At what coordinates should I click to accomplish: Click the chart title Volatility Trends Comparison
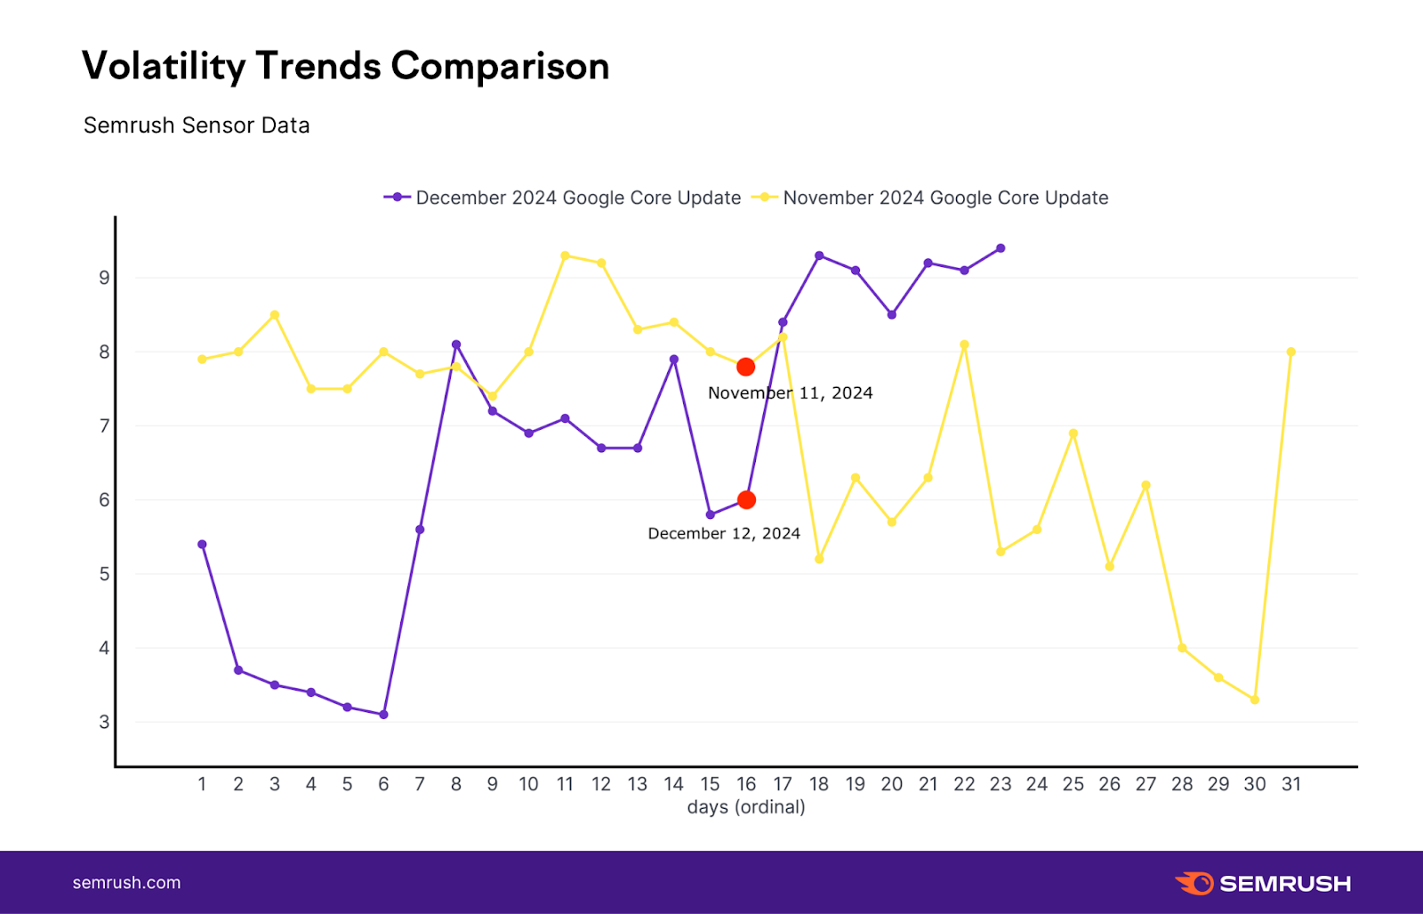[x=345, y=67]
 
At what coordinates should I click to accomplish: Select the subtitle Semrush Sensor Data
[x=197, y=125]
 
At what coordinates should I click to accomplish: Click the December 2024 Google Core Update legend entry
[x=562, y=198]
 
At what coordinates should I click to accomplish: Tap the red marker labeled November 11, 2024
[x=746, y=367]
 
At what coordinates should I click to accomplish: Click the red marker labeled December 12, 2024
[x=746, y=500]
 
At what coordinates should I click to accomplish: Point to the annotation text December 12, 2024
[x=724, y=533]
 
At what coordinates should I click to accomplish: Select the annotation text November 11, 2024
[x=790, y=392]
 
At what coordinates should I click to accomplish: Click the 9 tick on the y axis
[x=104, y=278]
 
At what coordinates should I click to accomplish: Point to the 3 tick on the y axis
[x=104, y=722]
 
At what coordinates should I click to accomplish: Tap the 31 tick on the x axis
[x=1290, y=784]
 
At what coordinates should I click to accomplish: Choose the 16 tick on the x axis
[x=746, y=784]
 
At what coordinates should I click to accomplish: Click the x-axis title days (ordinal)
[x=746, y=807]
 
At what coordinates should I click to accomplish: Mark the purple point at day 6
[x=383, y=715]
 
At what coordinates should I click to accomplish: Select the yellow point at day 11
[x=565, y=255]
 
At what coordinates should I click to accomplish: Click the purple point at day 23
[x=1001, y=248]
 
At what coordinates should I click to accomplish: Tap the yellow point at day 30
[x=1254, y=700]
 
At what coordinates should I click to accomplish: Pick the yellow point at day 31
[x=1290, y=352]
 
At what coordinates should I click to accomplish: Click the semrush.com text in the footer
[x=126, y=883]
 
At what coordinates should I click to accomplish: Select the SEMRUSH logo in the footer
[x=1263, y=883]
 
